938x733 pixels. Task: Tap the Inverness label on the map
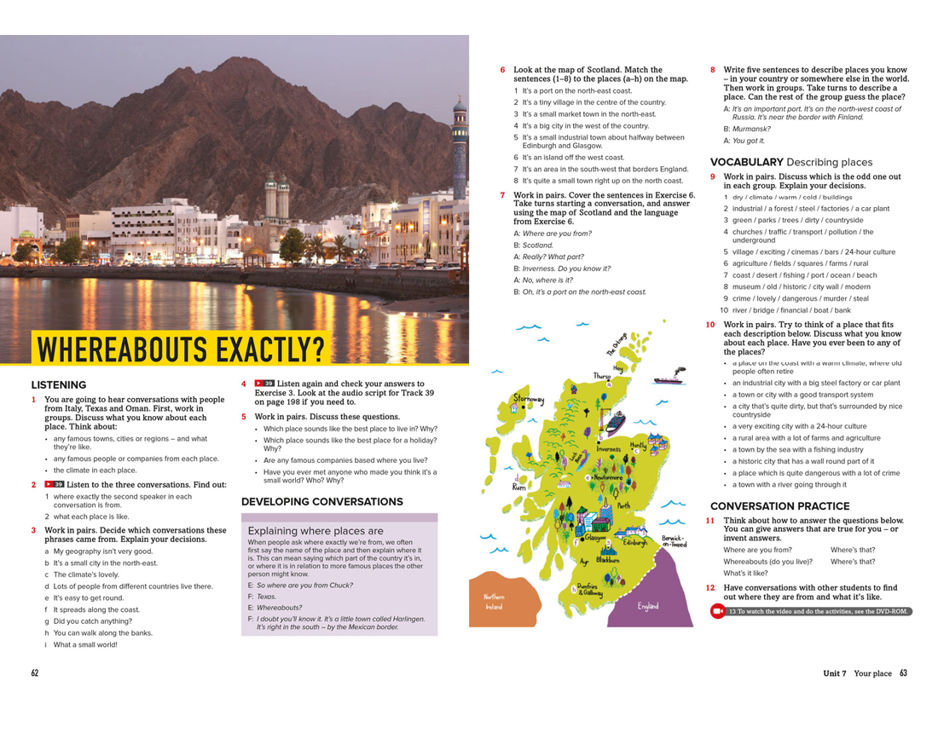point(609,448)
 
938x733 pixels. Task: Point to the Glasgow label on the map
point(595,538)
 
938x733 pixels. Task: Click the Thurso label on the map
point(603,376)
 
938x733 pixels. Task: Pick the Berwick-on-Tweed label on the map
point(674,541)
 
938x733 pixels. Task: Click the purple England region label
point(648,606)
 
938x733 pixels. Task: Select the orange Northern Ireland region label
point(495,601)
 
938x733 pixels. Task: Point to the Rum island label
point(519,487)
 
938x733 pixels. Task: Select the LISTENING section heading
point(59,385)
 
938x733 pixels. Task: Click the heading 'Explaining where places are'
point(316,530)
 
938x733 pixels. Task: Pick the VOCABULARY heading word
point(746,162)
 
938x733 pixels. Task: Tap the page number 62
point(35,673)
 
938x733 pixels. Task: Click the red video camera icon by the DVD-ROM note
point(717,611)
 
